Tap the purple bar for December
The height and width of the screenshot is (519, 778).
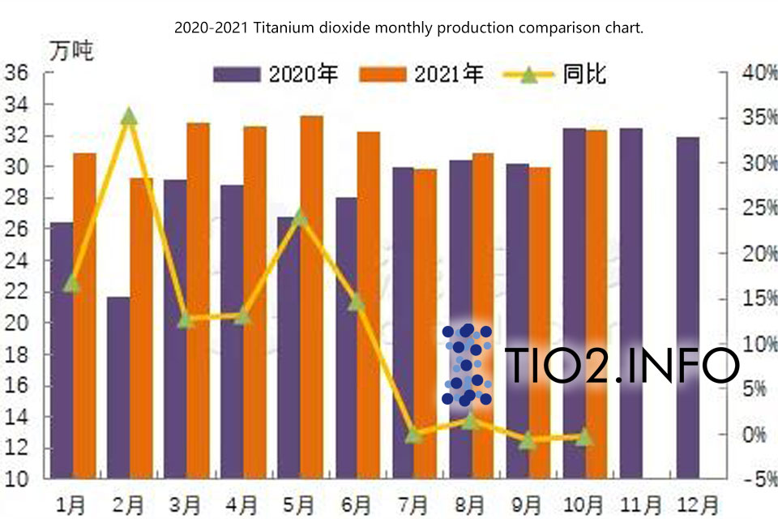[x=688, y=308]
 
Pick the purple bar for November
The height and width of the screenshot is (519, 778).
[x=631, y=303]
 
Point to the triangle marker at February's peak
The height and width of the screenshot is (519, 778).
[x=129, y=117]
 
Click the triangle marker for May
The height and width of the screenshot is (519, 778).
[x=300, y=217]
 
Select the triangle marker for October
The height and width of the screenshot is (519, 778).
[x=583, y=438]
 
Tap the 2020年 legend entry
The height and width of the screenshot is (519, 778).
[x=276, y=75]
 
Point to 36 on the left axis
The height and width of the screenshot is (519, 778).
[x=17, y=73]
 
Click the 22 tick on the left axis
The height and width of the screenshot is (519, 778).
[x=17, y=292]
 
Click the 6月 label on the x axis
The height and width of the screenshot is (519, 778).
[x=357, y=504]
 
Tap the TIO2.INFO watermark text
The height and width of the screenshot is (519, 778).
[x=621, y=367]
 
